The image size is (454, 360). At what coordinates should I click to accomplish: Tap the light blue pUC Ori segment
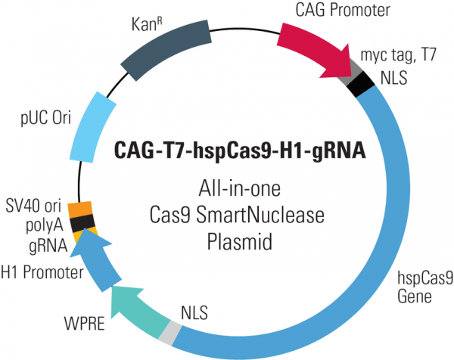(95, 126)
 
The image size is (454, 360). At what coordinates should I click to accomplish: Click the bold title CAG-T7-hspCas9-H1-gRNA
(240, 150)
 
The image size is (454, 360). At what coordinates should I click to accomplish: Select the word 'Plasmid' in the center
(239, 244)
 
